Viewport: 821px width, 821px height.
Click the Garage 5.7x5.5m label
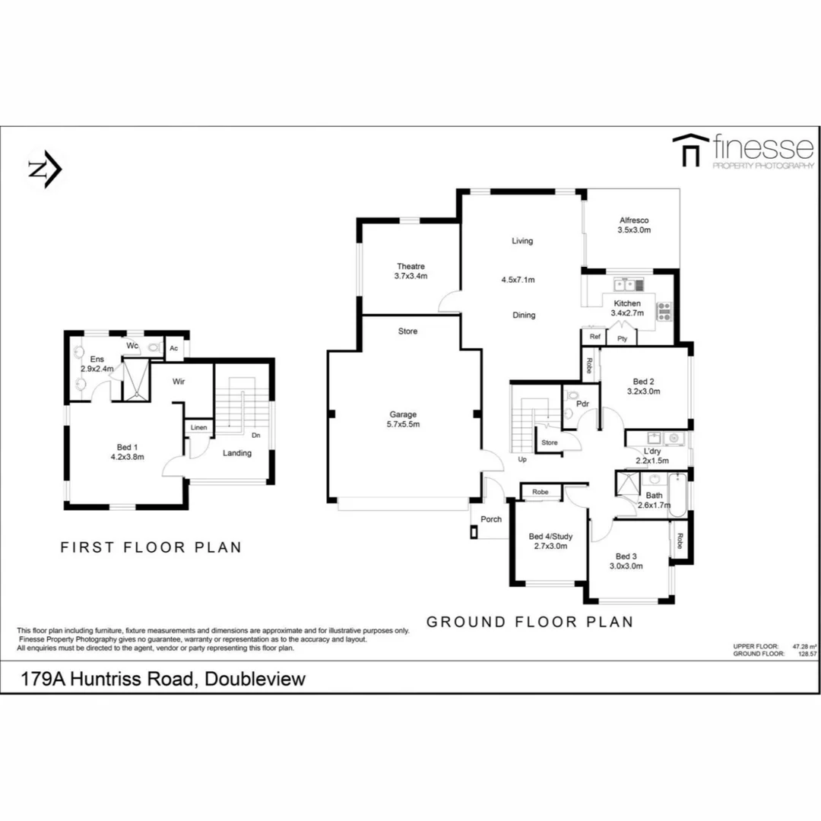pyautogui.click(x=403, y=420)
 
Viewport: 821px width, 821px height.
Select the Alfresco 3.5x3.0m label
pyautogui.click(x=634, y=224)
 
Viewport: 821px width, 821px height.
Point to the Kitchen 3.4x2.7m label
pyautogui.click(x=627, y=308)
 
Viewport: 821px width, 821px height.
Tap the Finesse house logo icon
pyautogui.click(x=689, y=150)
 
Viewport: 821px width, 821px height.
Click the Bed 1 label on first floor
pyautogui.click(x=127, y=452)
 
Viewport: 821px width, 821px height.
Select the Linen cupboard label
pyautogui.click(x=198, y=427)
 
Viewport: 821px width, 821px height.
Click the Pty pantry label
pyautogui.click(x=622, y=338)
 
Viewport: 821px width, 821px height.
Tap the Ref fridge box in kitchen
pyautogui.click(x=594, y=337)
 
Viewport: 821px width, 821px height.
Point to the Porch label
pyautogui.click(x=491, y=519)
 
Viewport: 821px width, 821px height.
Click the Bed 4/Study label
pyautogui.click(x=550, y=541)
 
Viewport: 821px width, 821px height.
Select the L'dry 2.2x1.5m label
pyautogui.click(x=651, y=456)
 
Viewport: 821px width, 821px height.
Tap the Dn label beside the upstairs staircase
pyautogui.click(x=257, y=436)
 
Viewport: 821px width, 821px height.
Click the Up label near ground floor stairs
pyautogui.click(x=521, y=459)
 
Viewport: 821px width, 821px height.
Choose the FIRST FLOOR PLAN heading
pyautogui.click(x=151, y=547)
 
